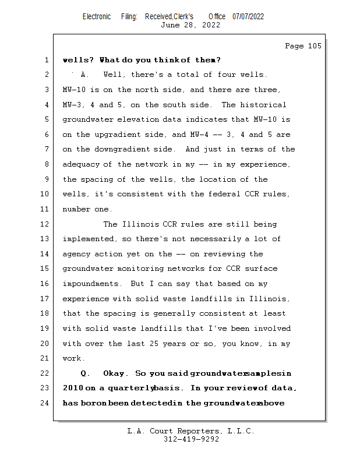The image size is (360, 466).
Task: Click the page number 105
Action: pos(313,46)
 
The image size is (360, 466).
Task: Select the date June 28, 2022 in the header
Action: pos(190,25)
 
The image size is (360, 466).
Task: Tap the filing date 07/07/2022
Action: pos(248,16)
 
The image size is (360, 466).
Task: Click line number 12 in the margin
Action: pos(45,224)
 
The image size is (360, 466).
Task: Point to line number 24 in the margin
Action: pos(45,403)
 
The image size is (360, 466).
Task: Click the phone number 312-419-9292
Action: pos(191,439)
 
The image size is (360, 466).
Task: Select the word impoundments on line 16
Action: pos(90,284)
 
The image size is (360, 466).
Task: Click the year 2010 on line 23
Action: pos(73,388)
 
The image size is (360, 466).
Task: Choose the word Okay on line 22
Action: pos(115,373)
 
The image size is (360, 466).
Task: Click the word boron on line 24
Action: pos(92,403)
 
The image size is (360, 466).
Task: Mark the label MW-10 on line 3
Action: pos(75,90)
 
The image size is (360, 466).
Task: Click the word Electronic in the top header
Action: pos(97,16)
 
